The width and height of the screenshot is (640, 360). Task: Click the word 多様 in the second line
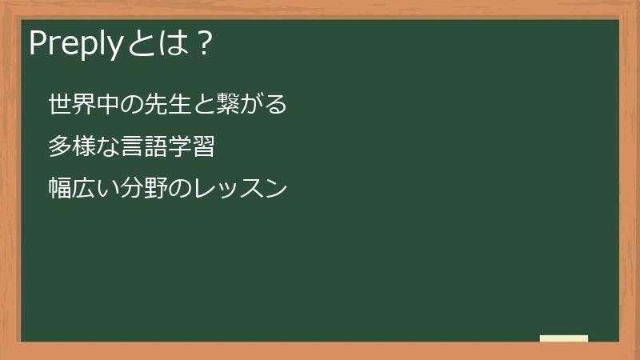tap(70, 147)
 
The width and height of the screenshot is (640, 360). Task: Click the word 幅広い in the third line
tap(82, 190)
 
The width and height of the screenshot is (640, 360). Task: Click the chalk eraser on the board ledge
tap(564, 338)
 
